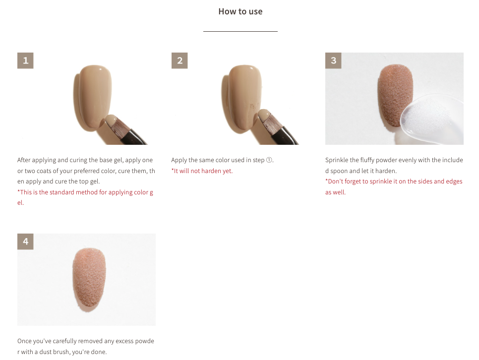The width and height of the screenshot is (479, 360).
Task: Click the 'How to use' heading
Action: [x=240, y=11]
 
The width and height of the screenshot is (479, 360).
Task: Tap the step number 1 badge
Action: [x=25, y=60]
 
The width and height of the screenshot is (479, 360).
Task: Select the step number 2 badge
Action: [x=180, y=60]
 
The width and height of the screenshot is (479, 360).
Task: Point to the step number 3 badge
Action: [x=333, y=60]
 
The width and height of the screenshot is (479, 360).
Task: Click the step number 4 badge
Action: [x=25, y=241]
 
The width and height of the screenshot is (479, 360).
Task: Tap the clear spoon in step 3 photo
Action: [x=431, y=121]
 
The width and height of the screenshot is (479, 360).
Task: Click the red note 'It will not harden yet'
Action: [x=202, y=171]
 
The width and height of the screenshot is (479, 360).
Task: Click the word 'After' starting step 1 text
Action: [x=25, y=160]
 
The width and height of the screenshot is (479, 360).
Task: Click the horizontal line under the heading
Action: [x=240, y=31]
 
